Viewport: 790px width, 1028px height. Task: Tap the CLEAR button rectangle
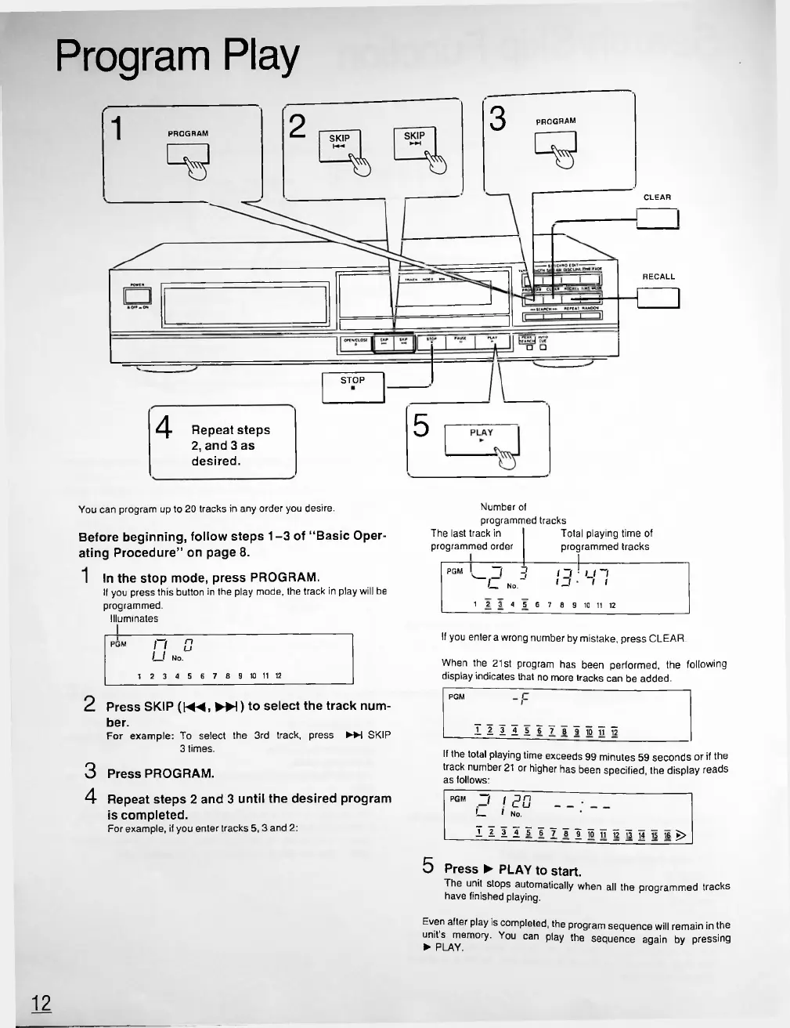658,220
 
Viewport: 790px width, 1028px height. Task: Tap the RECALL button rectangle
658,299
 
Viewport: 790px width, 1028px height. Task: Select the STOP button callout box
353,386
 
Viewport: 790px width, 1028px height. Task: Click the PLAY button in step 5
482,439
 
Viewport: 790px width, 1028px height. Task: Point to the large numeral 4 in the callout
164,428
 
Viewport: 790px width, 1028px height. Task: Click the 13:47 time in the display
580,581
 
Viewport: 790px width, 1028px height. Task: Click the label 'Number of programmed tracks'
523,514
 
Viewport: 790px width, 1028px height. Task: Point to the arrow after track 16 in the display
681,835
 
